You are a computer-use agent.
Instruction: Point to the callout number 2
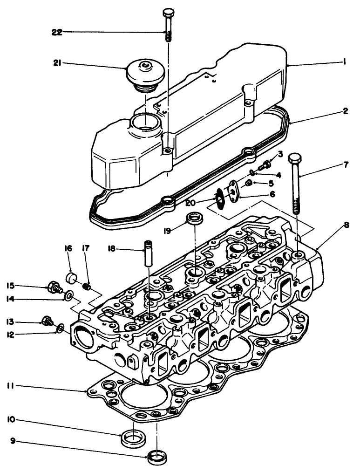pos(345,112)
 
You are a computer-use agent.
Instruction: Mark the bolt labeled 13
pos(47,321)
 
